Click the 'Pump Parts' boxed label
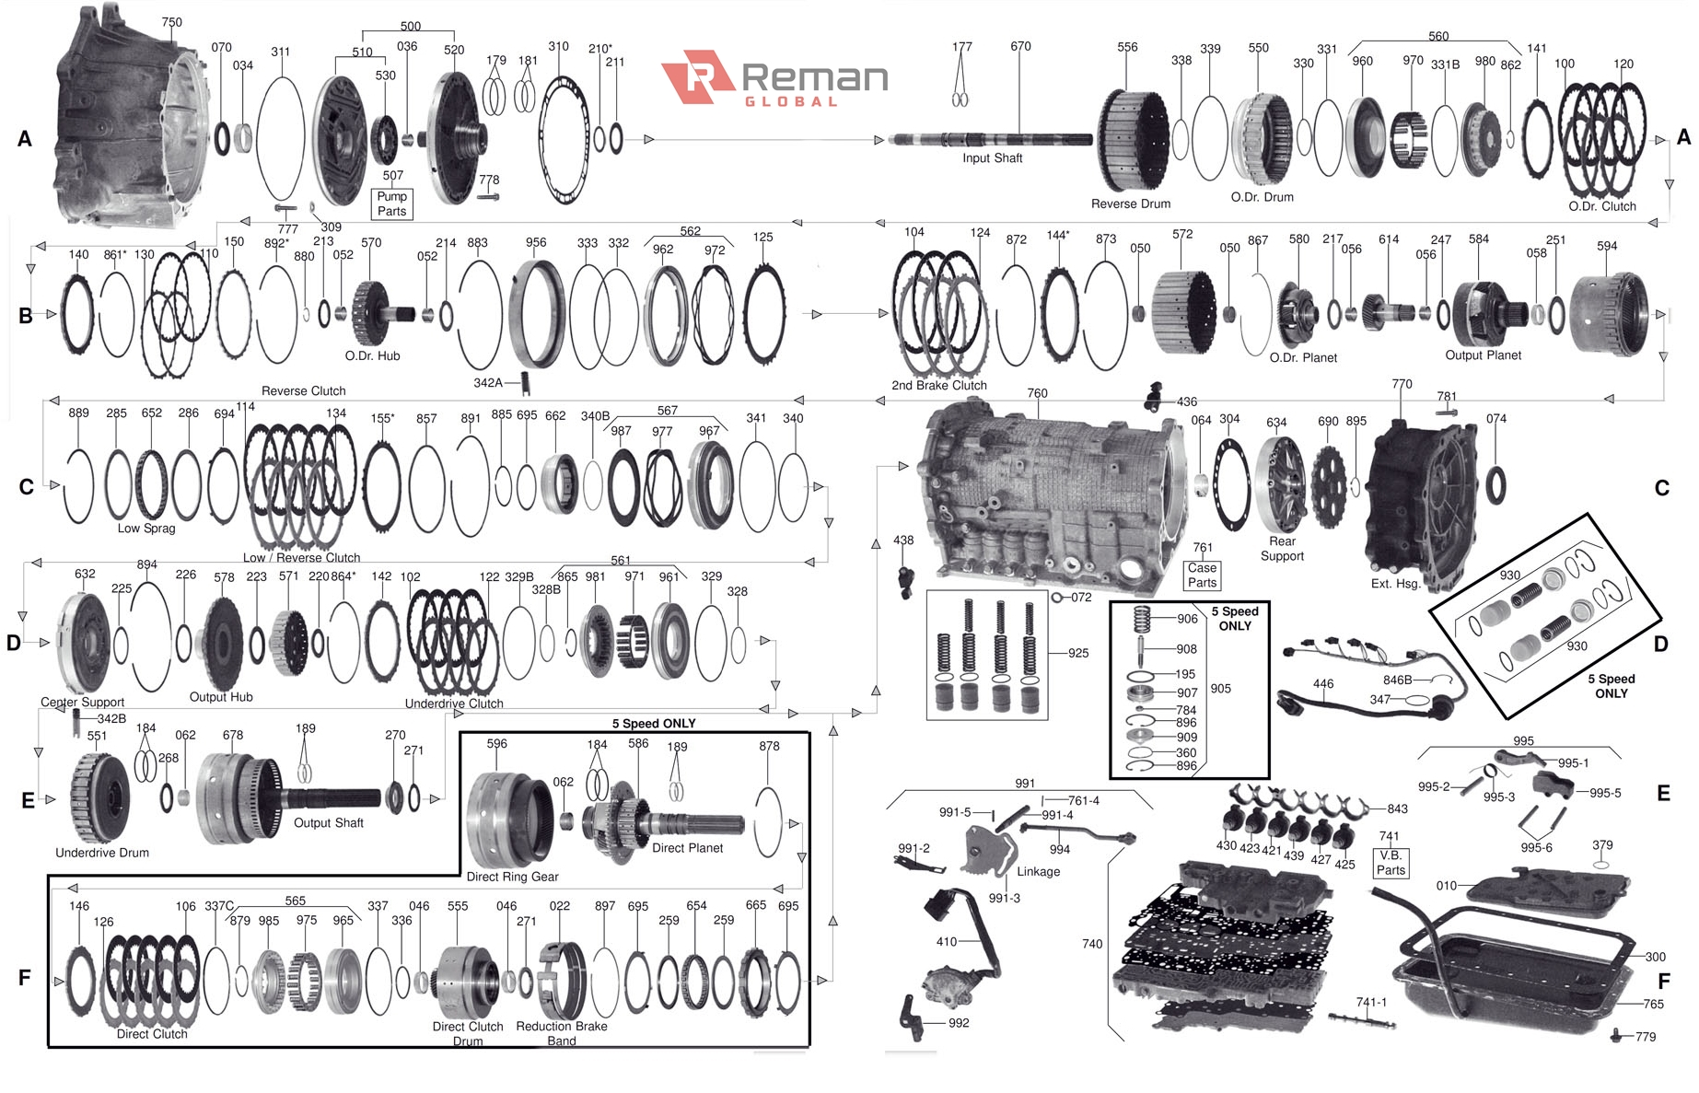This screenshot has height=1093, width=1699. pos(391,203)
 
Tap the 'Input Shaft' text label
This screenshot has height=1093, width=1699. pos(992,158)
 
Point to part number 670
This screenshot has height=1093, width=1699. pos(1020,46)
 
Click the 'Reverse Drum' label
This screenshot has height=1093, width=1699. pos(1130,203)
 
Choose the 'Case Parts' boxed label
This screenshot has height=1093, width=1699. pos(1202,575)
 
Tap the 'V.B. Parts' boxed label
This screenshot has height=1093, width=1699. pos(1391,862)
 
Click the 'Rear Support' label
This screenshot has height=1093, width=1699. pos(1282,548)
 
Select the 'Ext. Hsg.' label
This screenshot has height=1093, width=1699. pos(1395,583)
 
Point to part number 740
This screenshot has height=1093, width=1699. pos(1092,944)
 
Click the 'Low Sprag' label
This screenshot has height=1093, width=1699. pos(146,529)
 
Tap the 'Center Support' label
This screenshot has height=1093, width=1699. pos(82,702)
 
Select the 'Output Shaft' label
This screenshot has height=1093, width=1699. pos(328,823)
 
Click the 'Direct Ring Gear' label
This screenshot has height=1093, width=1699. pos(512,877)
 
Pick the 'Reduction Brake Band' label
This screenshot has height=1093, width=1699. pos(562,1033)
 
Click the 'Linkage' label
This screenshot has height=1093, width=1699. pos(1038,871)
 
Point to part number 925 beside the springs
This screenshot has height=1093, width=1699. pos(1077,653)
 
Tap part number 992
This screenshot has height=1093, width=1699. pos(958,1023)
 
